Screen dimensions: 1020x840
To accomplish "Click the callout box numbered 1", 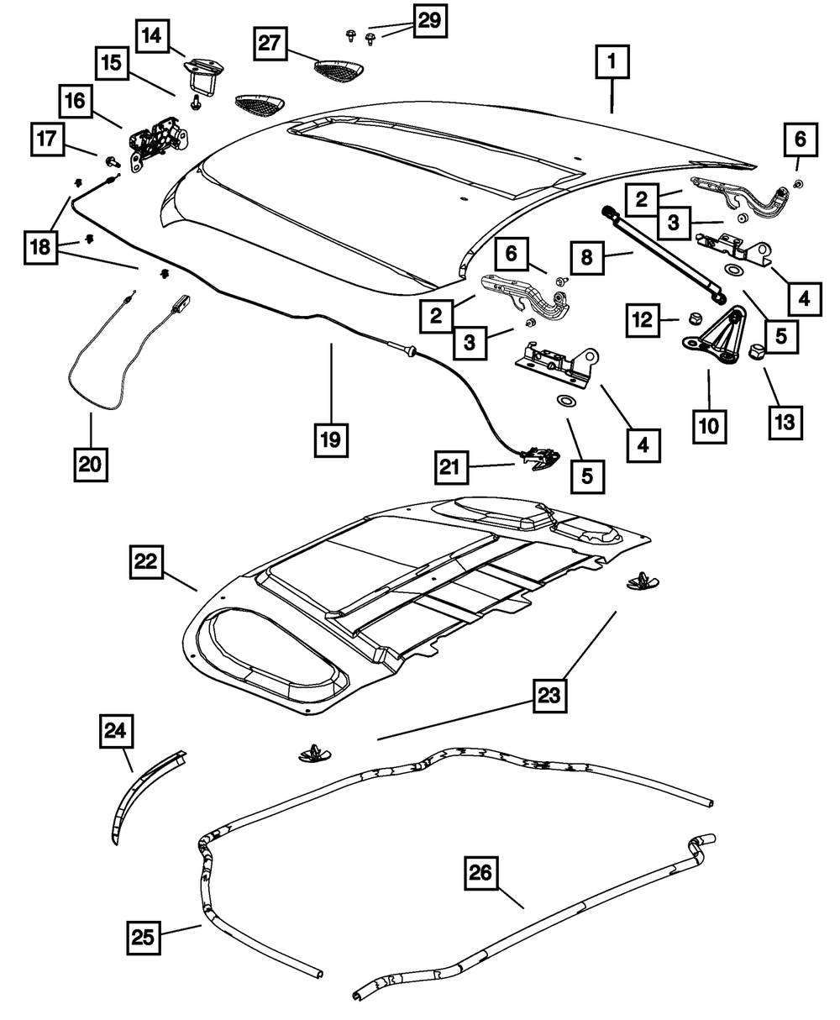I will click(x=612, y=62).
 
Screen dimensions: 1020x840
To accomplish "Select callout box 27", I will click(x=271, y=43).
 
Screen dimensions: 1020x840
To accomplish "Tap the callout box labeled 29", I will click(x=429, y=21).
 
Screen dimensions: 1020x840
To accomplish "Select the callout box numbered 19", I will click(x=332, y=439).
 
